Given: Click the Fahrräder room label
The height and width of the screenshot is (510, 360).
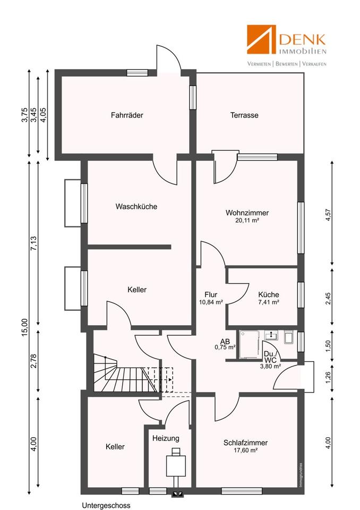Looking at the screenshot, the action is [127, 115].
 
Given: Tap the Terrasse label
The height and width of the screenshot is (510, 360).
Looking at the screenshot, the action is [244, 115].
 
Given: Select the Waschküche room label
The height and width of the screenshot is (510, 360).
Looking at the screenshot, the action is [136, 207].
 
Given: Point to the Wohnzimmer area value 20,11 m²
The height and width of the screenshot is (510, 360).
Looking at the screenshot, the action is [247, 220].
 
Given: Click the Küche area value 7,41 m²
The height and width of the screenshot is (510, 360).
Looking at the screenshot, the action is [269, 302].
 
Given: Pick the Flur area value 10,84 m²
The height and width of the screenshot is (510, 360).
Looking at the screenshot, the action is [211, 302].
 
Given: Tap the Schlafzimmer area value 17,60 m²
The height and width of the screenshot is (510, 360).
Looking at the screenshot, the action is [245, 450].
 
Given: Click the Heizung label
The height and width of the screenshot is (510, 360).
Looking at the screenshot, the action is [166, 438].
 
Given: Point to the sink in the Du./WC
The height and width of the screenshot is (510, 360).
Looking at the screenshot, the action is [271, 335].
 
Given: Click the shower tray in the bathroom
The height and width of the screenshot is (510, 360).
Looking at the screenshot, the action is [250, 345].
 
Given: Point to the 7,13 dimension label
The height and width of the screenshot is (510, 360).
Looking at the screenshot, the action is [34, 243].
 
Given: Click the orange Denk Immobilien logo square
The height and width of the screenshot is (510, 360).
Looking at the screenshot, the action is [261, 39].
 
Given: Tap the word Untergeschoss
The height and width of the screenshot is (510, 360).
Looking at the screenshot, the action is [106, 505].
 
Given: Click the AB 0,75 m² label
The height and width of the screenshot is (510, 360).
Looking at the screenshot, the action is [225, 344].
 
